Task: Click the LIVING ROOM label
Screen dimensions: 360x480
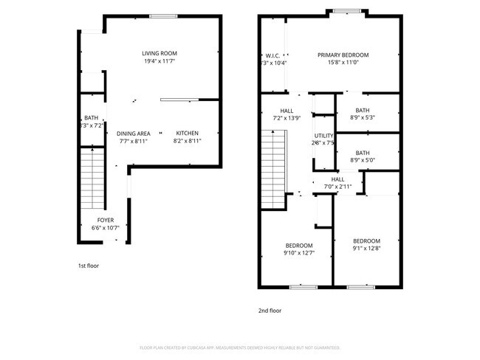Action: pyautogui.click(x=160, y=53)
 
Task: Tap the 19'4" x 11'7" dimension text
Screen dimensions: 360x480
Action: pyautogui.click(x=160, y=62)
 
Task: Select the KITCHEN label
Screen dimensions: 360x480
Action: pyautogui.click(x=186, y=133)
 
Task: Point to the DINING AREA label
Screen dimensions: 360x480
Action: pyautogui.click(x=133, y=133)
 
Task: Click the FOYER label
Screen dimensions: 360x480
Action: pyautogui.click(x=106, y=220)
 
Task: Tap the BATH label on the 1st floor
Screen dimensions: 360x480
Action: pyautogui.click(x=91, y=117)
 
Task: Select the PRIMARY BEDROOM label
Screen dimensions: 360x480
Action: pyautogui.click(x=343, y=55)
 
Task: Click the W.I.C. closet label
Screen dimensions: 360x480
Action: pyautogui.click(x=270, y=55)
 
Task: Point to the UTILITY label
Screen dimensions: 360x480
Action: pyautogui.click(x=323, y=136)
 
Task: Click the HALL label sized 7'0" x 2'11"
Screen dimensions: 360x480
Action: pyautogui.click(x=337, y=179)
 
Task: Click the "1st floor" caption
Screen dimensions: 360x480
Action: pyautogui.click(x=88, y=266)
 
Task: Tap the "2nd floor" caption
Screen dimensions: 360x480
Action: pyautogui.click(x=269, y=311)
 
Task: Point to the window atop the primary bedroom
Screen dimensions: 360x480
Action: pyautogui.click(x=346, y=11)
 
